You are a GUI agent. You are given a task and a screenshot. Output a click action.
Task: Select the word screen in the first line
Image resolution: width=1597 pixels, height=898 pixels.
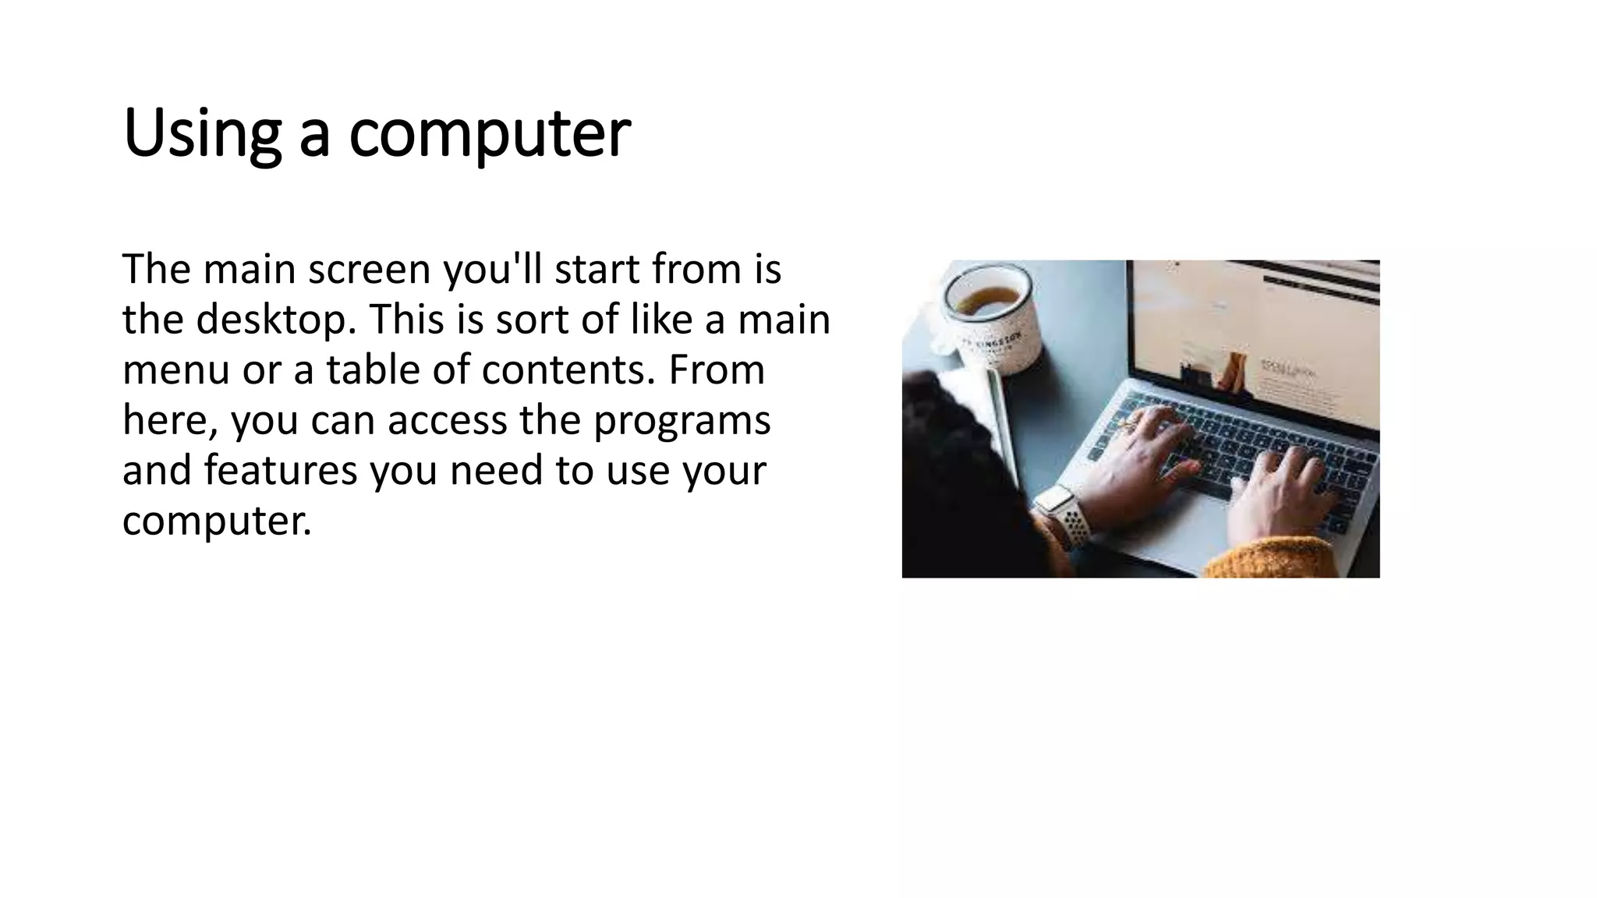(369, 269)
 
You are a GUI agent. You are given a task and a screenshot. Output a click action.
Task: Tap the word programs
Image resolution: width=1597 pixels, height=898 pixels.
(682, 420)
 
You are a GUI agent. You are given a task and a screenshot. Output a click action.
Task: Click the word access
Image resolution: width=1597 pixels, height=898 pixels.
(447, 420)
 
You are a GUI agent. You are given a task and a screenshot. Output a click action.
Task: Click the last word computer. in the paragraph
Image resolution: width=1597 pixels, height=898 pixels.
(217, 521)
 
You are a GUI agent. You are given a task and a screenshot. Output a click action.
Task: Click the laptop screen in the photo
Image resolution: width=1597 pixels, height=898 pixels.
(1255, 343)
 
